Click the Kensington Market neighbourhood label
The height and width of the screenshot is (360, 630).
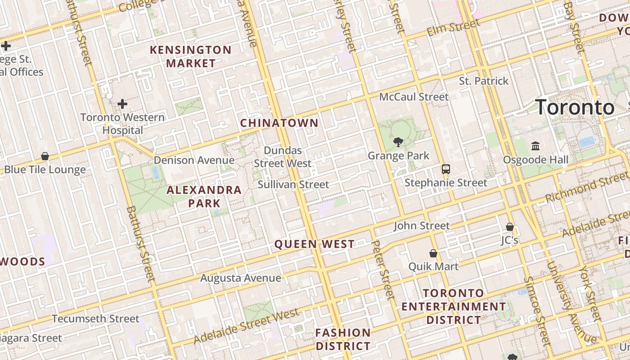[190, 56]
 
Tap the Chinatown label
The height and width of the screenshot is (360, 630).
[279, 123]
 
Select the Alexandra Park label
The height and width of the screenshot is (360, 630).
[204, 196]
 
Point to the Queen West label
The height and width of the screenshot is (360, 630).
[315, 244]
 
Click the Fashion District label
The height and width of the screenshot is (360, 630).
[343, 339]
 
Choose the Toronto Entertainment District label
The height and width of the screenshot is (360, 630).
[454, 306]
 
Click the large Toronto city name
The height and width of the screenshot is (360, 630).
[575, 108]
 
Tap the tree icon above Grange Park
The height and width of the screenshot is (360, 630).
[398, 143]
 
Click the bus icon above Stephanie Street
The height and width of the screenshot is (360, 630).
[445, 169]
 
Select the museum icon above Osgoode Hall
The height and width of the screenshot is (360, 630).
[535, 146]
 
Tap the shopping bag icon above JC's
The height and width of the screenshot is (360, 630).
[510, 227]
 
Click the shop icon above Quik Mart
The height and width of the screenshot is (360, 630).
[433, 253]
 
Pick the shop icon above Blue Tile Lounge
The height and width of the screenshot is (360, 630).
[45, 156]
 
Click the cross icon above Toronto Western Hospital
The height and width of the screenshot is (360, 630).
[122, 104]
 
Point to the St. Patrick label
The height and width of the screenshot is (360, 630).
[484, 81]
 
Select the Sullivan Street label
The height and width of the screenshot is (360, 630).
[293, 184]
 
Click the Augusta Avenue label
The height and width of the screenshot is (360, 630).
[241, 278]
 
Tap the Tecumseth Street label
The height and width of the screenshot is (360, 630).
[95, 319]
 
